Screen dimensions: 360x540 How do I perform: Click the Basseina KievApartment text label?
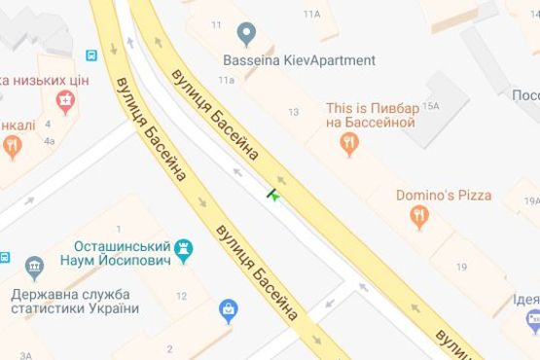click(x=297, y=60)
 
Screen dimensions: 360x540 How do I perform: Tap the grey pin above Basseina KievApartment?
click(x=246, y=36)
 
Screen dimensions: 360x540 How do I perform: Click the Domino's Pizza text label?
click(x=444, y=195)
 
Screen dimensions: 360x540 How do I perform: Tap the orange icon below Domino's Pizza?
click(x=419, y=217)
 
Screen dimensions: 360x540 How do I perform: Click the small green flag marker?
click(x=274, y=194)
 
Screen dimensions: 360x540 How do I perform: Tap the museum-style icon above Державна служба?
click(x=35, y=266)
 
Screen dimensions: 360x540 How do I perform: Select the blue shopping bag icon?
click(x=229, y=311)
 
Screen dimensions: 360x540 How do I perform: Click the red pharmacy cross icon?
click(x=64, y=99)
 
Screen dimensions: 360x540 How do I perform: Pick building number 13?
click(x=293, y=113)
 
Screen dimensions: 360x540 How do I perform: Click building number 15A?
click(x=433, y=105)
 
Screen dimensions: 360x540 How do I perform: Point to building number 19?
click(x=461, y=267)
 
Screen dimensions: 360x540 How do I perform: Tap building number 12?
click(x=181, y=296)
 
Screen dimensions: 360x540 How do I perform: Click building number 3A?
click(x=26, y=356)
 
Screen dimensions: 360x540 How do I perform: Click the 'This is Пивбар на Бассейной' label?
click(x=372, y=115)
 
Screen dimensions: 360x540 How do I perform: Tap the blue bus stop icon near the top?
click(x=92, y=55)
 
